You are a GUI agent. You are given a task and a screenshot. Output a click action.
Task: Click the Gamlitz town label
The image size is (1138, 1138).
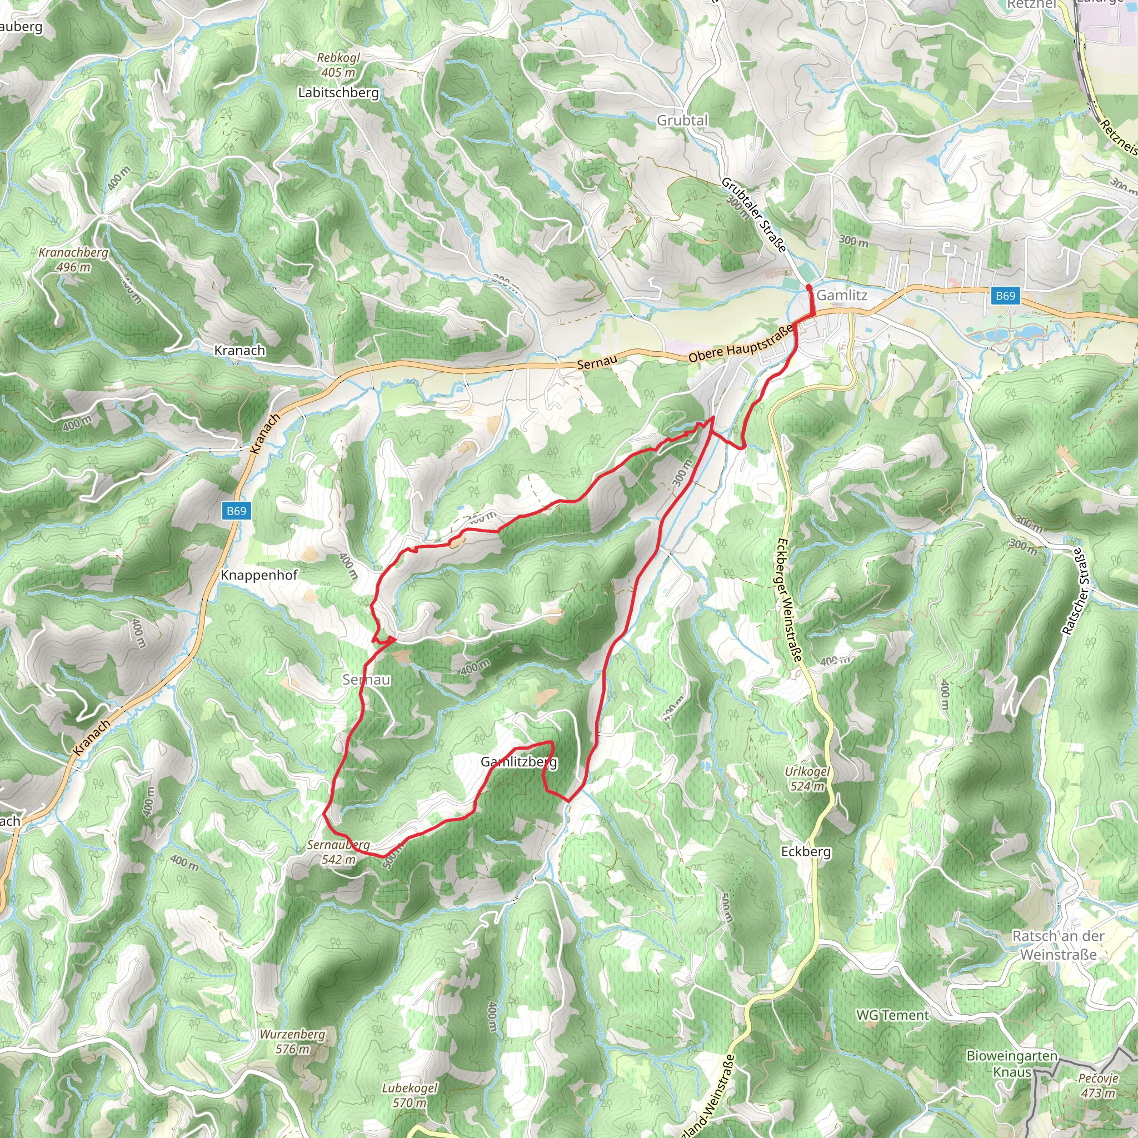point(842,295)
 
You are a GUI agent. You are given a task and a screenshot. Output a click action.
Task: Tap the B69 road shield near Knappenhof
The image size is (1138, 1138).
point(236,511)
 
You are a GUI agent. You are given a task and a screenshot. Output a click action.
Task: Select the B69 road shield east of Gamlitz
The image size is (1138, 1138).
point(1005,295)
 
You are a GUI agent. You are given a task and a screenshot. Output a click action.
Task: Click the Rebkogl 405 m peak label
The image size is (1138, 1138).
point(338,65)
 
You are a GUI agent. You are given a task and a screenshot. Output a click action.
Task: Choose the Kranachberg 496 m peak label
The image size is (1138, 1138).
point(74,259)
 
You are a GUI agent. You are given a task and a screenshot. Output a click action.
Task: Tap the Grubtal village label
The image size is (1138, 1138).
point(682,120)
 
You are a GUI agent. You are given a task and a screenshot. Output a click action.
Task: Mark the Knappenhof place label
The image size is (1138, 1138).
point(259,575)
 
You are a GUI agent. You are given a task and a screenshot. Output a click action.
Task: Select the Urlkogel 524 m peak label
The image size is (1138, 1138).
point(807,778)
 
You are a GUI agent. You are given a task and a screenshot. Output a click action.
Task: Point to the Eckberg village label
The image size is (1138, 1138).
point(806,851)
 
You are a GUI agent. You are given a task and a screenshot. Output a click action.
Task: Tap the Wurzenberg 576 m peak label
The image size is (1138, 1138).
point(292,1041)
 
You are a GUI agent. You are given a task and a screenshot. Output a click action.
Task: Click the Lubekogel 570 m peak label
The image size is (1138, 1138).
point(410,1095)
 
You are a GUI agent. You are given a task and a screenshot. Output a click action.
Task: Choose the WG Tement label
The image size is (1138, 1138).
point(892,1015)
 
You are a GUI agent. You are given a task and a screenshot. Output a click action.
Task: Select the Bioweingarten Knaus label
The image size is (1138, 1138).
point(1012,1064)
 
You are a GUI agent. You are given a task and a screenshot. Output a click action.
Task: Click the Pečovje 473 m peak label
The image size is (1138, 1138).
point(1099,1086)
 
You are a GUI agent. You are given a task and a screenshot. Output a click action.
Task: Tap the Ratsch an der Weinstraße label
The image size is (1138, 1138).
point(1058,945)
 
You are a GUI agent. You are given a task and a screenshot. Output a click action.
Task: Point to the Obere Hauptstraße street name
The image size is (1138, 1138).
point(740,345)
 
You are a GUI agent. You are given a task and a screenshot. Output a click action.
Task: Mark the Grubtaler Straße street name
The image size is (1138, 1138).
point(754,215)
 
